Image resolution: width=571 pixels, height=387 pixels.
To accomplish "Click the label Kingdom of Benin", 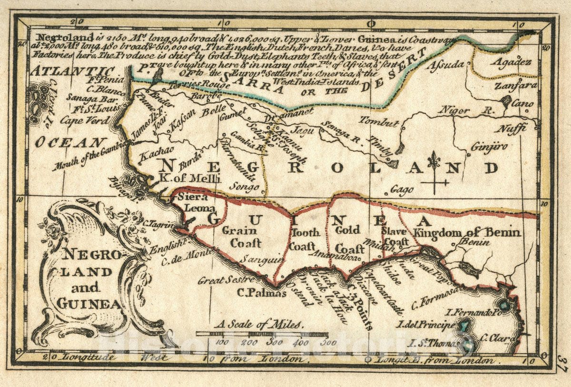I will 468,233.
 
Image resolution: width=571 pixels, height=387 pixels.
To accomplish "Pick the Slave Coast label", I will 394,237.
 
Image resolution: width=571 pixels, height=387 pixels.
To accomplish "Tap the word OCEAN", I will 71,142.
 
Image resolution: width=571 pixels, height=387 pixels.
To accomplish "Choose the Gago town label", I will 402,190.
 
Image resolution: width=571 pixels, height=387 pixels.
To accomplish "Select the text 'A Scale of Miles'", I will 259,325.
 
